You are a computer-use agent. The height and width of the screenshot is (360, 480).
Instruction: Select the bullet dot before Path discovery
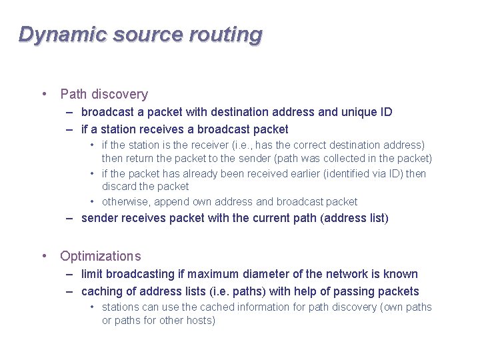click(43, 94)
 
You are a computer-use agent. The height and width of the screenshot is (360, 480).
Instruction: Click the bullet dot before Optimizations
click(43, 255)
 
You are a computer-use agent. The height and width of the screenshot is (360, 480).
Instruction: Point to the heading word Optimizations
click(101, 256)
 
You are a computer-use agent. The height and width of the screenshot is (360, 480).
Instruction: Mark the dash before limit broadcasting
click(70, 274)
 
